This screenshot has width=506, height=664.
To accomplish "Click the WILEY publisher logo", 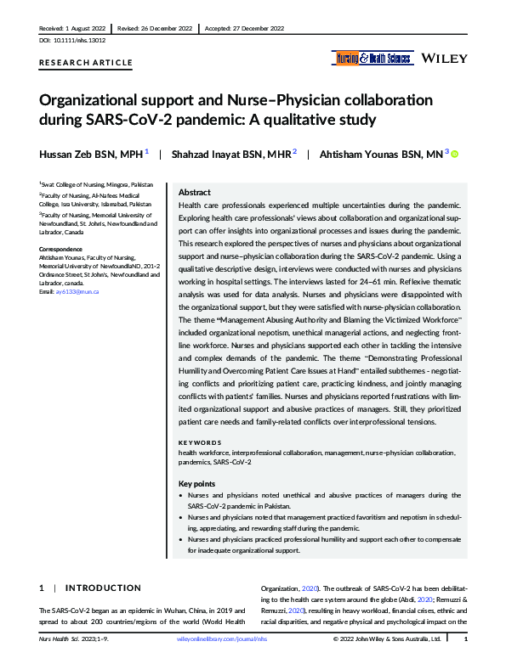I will [444, 59].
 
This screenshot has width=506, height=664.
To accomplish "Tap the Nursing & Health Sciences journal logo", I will [372, 59].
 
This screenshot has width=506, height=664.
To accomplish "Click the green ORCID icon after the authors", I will [454, 155].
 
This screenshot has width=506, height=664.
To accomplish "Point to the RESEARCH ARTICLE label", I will [86, 63].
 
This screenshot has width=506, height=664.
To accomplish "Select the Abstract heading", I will [195, 193].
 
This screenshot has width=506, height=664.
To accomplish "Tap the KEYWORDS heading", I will [200, 442].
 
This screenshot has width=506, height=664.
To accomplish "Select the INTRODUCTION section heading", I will [103, 588].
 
